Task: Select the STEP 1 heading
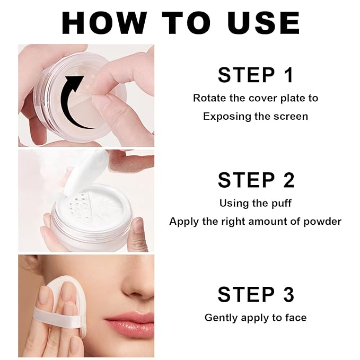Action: click(x=256, y=75)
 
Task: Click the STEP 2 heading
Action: click(x=256, y=180)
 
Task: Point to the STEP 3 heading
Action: click(x=256, y=294)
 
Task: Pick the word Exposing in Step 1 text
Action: click(x=222, y=116)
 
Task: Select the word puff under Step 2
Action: click(x=280, y=203)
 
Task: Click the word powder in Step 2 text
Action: click(x=322, y=222)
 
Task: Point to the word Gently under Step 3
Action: click(x=221, y=318)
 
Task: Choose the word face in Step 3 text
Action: click(x=295, y=318)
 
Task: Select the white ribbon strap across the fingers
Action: click(x=53, y=315)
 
